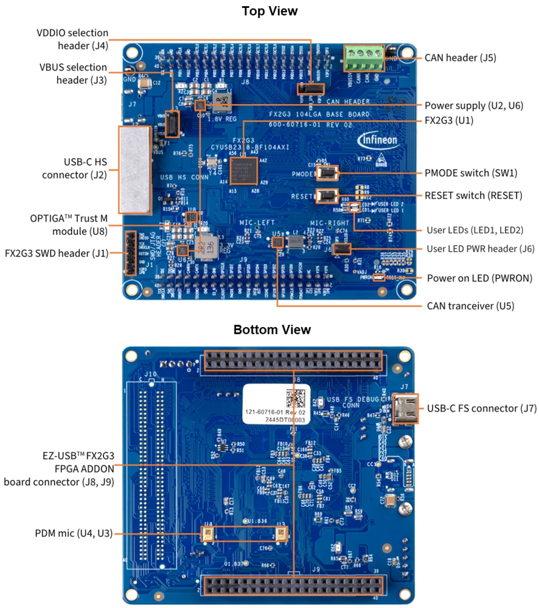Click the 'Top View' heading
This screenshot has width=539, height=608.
[269, 11]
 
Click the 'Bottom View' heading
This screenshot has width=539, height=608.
[272, 330]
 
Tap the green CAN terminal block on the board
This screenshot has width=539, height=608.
[364, 60]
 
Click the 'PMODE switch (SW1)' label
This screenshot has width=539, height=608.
[471, 173]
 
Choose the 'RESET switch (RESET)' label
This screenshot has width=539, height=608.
[473, 196]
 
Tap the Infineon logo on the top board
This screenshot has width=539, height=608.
[377, 140]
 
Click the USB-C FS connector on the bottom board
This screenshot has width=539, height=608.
[405, 408]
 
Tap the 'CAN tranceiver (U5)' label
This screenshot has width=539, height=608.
[470, 306]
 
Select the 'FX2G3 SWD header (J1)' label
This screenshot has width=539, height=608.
[56, 252]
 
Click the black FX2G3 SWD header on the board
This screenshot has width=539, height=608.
[130, 252]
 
